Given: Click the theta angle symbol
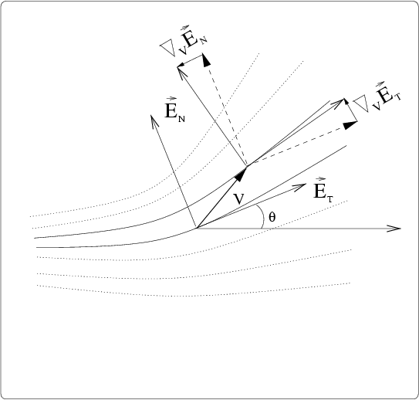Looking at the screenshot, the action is [x=272, y=217].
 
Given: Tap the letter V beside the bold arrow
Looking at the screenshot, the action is [x=238, y=199].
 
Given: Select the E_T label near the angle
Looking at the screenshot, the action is [x=323, y=190].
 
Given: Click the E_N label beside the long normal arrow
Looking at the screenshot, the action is [x=174, y=110].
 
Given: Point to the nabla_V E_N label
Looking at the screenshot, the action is [x=184, y=41].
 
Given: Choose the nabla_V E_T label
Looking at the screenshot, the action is [x=377, y=98].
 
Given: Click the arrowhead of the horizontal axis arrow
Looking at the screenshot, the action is [x=394, y=229].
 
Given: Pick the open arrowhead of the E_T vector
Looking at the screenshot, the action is [x=300, y=187].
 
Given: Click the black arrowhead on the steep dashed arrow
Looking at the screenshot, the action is [x=206, y=60].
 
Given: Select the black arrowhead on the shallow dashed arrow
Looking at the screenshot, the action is [x=350, y=125].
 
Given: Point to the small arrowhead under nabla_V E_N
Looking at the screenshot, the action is [x=181, y=64].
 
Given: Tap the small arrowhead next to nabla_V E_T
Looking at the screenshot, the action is [x=346, y=102].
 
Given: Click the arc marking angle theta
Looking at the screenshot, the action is [x=262, y=216].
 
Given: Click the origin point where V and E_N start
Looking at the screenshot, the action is [x=197, y=228].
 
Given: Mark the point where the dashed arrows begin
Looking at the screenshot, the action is [x=247, y=166].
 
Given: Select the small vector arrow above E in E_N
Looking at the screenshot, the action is [x=171, y=99].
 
